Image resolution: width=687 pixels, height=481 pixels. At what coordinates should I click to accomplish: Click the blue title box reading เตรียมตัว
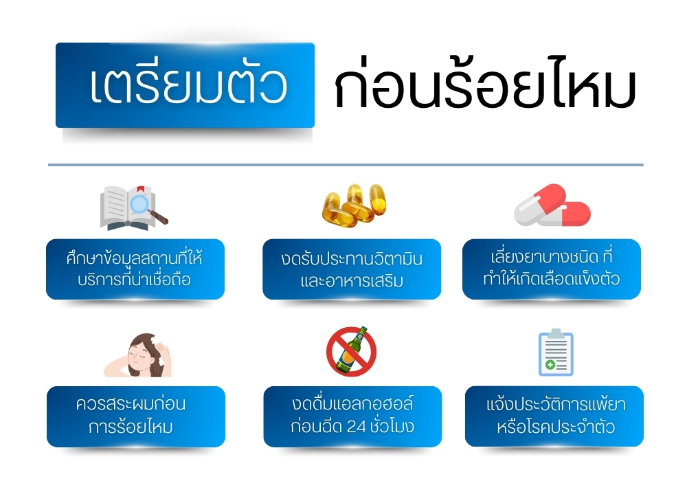[x=185, y=85]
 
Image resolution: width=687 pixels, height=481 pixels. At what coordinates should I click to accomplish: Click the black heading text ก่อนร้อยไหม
[x=484, y=87]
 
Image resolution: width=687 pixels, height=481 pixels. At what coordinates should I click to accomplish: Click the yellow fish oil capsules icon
[x=350, y=205]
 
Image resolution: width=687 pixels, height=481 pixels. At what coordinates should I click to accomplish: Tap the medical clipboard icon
[x=555, y=352]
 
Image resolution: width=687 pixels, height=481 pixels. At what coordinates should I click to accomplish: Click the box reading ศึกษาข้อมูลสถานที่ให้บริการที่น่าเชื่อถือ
[x=135, y=269]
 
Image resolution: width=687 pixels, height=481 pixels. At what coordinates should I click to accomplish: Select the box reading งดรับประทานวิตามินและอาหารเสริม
[x=352, y=269]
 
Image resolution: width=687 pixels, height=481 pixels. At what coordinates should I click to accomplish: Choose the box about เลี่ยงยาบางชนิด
[x=551, y=269]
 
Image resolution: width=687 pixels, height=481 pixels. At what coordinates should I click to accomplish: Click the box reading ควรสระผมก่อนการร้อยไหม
[x=135, y=416]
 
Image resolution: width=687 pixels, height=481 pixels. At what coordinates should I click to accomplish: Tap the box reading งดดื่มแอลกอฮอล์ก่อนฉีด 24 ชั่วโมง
[x=352, y=416]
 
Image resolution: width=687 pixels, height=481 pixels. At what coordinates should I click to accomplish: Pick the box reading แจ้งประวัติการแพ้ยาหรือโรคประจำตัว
[x=554, y=416]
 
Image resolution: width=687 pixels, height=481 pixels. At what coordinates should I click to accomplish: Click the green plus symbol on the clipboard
[x=550, y=364]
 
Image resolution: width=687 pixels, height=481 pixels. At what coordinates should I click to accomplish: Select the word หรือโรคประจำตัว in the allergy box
[x=554, y=427]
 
